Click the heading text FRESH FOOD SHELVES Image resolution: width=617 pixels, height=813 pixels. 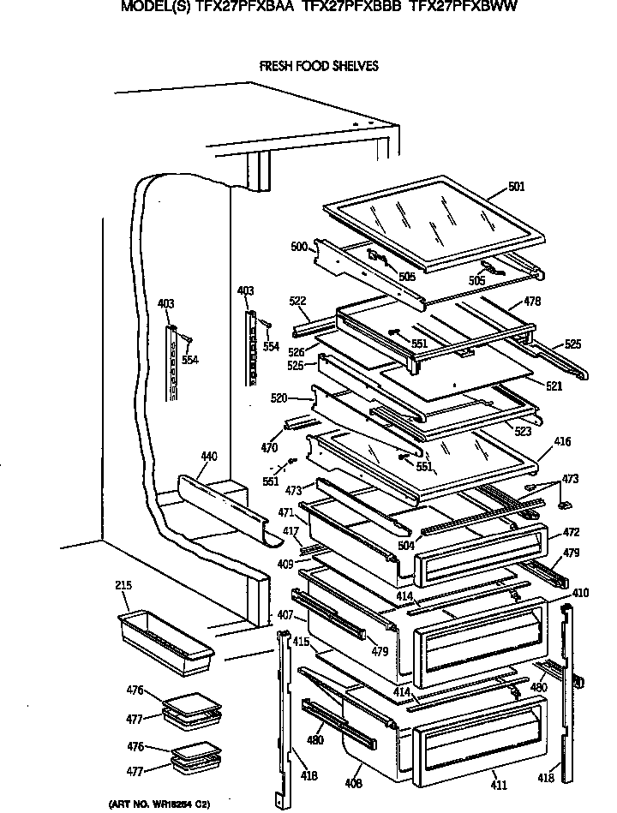coord(318,66)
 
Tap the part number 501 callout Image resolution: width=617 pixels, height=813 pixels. coord(516,187)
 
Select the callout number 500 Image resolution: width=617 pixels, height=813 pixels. coord(298,247)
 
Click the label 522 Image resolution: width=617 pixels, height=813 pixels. coord(297,302)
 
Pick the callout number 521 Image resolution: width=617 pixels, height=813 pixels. coord(554,386)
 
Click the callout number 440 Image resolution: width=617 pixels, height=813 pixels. coord(208,457)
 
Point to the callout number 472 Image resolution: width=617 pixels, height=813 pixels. coord(572,533)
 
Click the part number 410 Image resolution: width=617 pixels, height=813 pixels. coord(580,592)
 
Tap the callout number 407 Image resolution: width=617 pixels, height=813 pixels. coord(285,615)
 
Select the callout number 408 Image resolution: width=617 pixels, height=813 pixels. coord(354,783)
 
